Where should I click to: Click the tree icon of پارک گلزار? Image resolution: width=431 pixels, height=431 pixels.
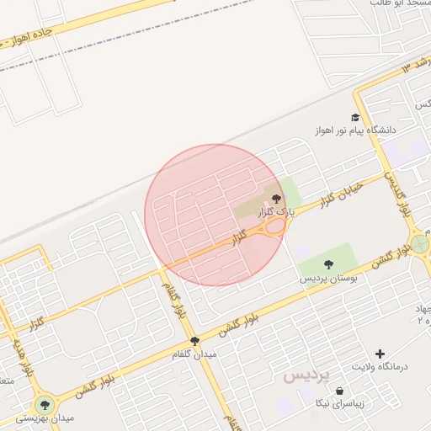[277, 197]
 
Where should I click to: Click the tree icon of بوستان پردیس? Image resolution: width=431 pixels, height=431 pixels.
[328, 264]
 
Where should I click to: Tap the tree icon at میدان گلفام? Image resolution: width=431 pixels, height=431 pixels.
[195, 341]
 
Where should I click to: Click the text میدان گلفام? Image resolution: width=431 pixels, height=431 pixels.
[195, 354]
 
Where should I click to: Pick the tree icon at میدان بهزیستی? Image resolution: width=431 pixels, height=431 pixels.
[44, 405]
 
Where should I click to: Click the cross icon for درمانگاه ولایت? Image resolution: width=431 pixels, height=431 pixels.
[380, 354]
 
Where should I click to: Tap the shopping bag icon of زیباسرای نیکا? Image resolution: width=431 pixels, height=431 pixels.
[339, 391]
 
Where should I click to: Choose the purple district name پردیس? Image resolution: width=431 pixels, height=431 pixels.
[306, 375]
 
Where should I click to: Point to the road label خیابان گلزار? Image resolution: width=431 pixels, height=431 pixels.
[342, 194]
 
